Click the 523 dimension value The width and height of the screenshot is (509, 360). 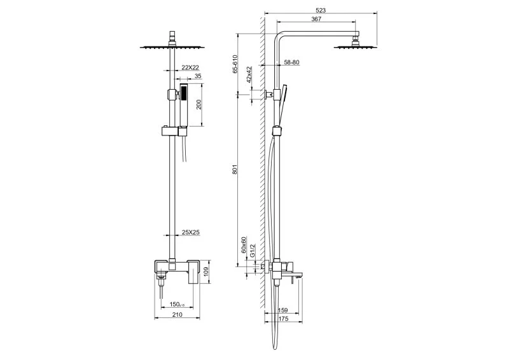click(321, 10)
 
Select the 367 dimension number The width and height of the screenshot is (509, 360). click(316, 19)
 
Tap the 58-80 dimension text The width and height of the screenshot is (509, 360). click(291, 62)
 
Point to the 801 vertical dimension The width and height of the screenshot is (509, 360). click(235, 169)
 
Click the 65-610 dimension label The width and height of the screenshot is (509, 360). click(235, 64)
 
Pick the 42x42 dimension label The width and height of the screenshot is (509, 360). click(249, 74)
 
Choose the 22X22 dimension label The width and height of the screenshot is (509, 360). click(190, 67)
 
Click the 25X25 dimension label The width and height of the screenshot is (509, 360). click(190, 232)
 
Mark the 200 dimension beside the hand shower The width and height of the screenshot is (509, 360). click(199, 104)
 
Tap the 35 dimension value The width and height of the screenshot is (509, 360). click(198, 76)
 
